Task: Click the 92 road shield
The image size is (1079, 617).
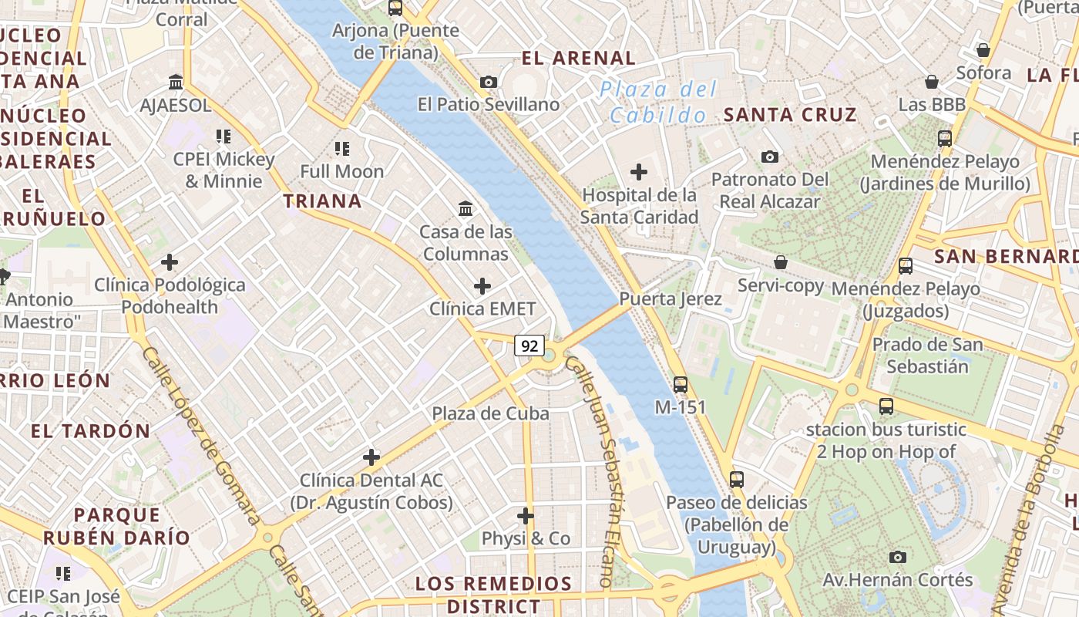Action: [x=529, y=346]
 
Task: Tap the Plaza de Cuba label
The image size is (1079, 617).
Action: [x=490, y=413]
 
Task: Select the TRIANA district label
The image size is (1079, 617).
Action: [x=322, y=201]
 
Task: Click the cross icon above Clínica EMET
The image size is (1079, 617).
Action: [x=482, y=286]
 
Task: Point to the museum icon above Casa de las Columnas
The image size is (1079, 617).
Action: [x=466, y=208]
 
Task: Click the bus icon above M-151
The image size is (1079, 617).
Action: [x=680, y=384]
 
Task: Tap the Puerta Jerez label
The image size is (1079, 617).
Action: [x=671, y=299]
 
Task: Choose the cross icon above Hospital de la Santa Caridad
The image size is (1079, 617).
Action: [x=639, y=171]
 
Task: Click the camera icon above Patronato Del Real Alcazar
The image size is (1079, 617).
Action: [x=769, y=157]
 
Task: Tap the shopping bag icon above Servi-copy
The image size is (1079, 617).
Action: [x=781, y=262]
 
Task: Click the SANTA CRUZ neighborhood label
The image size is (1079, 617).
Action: [x=790, y=115]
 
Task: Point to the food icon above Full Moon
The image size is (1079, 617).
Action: [x=342, y=148]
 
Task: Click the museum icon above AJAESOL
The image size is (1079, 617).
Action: [x=176, y=83]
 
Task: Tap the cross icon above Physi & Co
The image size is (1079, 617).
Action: [x=526, y=515]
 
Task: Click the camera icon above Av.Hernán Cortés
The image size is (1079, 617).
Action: [x=897, y=557]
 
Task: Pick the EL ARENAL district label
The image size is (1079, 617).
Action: [x=579, y=58]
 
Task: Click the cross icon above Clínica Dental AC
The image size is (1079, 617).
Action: [x=371, y=457]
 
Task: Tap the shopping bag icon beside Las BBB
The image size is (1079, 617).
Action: [x=932, y=82]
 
